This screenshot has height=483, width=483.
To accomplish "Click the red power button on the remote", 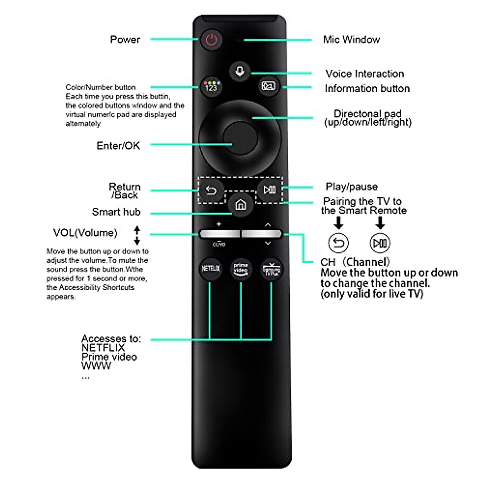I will [x=211, y=39].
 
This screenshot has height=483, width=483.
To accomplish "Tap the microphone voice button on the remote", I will [x=240, y=72].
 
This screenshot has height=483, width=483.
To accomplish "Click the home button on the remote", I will [x=240, y=205].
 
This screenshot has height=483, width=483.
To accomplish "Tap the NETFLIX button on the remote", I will [x=211, y=268].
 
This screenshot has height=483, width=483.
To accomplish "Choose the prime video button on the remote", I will [x=241, y=268].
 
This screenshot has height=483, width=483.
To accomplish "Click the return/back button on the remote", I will [x=211, y=190].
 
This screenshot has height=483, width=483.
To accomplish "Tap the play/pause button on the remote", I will [x=269, y=190].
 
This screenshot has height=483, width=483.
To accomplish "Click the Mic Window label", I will [x=351, y=39].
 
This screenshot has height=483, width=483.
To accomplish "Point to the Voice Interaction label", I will [x=365, y=74].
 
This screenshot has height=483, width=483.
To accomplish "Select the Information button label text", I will [x=367, y=89].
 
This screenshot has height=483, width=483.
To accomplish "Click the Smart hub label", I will [x=116, y=212].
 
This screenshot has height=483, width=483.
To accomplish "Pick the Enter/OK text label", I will [x=118, y=146].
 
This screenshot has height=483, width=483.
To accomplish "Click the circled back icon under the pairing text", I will [x=339, y=243].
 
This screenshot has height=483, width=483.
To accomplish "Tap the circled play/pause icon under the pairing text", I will [x=380, y=243].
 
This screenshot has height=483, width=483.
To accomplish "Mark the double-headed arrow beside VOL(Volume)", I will [x=137, y=235].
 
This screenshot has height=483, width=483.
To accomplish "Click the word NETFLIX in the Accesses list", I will [x=103, y=348].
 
